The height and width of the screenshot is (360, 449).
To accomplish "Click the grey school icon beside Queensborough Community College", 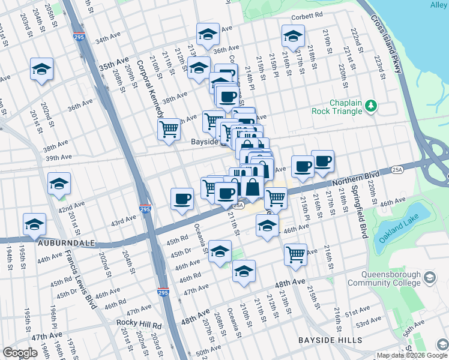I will [x=430, y=277].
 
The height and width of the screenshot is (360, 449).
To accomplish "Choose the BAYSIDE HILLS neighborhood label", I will [x=330, y=340].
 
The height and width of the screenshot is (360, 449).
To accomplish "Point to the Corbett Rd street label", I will [x=307, y=17].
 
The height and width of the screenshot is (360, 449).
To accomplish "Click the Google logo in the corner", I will [x=20, y=353].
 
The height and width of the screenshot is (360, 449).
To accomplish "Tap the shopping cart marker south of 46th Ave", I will [x=295, y=254].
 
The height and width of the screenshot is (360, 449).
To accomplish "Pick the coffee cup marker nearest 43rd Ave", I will [x=182, y=199].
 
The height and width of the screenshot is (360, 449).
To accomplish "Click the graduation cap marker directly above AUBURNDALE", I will [x=34, y=223].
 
